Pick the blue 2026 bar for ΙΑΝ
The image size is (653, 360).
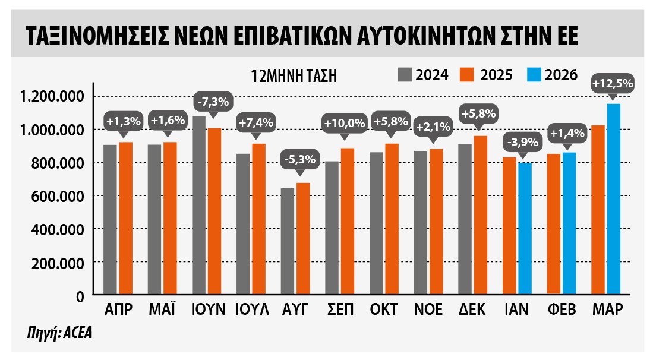(x=524, y=229)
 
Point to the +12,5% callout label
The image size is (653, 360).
(x=613, y=84)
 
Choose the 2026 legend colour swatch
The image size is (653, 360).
(x=533, y=74)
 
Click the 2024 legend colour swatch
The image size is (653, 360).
(x=405, y=74)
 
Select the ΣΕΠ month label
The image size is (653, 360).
(x=340, y=310)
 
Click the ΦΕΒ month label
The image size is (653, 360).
(x=561, y=310)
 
